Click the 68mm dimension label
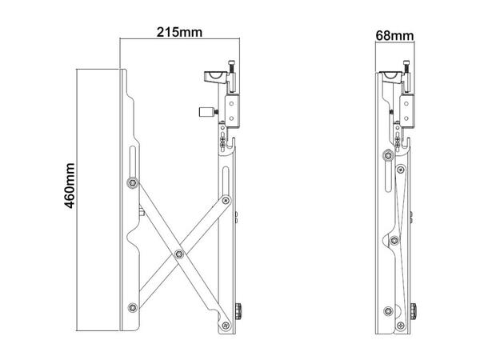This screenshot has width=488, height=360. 394,35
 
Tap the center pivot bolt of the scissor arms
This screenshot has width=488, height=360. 178,255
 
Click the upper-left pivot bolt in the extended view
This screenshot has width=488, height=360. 131,185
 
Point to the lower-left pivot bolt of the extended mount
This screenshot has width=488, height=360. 131,306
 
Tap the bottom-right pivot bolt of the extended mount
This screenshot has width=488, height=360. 226,325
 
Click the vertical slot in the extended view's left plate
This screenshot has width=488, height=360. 130,159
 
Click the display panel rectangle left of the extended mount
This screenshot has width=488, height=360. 98,201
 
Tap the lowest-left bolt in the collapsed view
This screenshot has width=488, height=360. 388,310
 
